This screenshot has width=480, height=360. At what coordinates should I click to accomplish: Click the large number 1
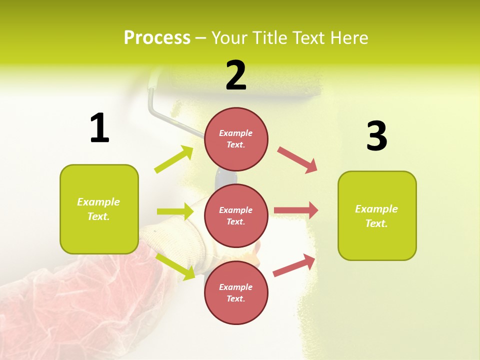coord(99,128)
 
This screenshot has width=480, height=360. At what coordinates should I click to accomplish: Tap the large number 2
coord(236,75)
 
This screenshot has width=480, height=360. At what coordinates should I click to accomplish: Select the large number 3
coord(376,136)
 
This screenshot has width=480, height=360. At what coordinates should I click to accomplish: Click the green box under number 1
coord(99,209)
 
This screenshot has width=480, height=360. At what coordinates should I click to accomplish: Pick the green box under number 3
coord(377,215)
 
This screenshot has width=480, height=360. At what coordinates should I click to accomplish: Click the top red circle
coord(236,139)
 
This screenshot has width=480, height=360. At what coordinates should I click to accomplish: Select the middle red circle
coord(236,215)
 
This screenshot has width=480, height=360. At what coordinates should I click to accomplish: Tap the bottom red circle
coord(236,292)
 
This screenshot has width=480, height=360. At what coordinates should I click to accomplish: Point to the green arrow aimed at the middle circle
coord(175,211)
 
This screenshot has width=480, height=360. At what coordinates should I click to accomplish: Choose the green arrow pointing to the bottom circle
coord(175,266)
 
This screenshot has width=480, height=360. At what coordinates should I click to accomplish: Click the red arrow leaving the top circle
coord(297,160)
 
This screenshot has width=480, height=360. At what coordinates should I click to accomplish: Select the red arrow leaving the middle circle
coord(295,210)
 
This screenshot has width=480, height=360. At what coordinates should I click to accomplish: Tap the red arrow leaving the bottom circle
coord(294,265)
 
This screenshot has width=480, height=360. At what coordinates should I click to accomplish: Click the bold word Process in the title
coord(157,37)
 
